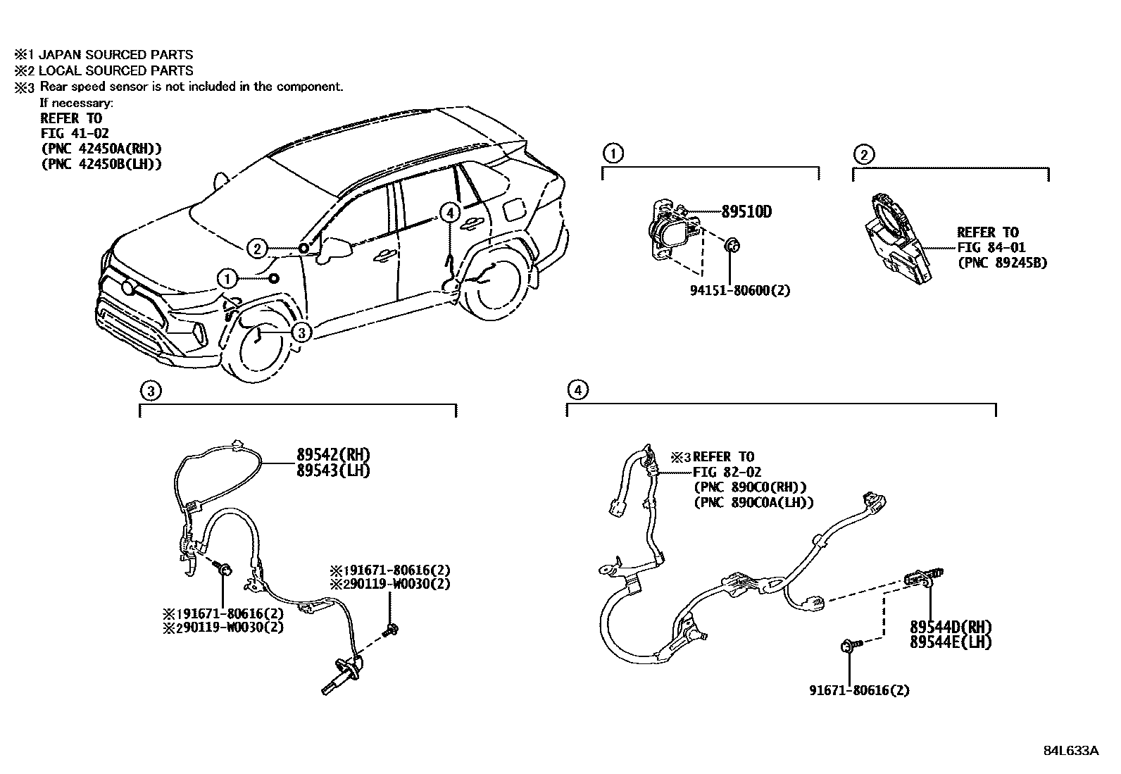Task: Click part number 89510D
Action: [x=746, y=211]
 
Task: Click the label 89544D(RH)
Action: [x=950, y=627]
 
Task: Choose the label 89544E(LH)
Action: [x=950, y=642]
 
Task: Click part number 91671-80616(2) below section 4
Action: [x=859, y=690]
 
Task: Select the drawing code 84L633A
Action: [x=1070, y=750]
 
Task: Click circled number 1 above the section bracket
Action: [x=613, y=154]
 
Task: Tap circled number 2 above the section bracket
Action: [x=863, y=154]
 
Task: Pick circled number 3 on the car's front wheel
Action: [x=301, y=332]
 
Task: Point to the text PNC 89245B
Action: [x=1002, y=263]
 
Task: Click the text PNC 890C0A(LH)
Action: [x=753, y=502]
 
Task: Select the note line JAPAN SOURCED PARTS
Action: [x=115, y=54]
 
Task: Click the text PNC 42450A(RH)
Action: [x=101, y=149]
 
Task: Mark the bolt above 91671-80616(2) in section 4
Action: [x=849, y=644]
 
